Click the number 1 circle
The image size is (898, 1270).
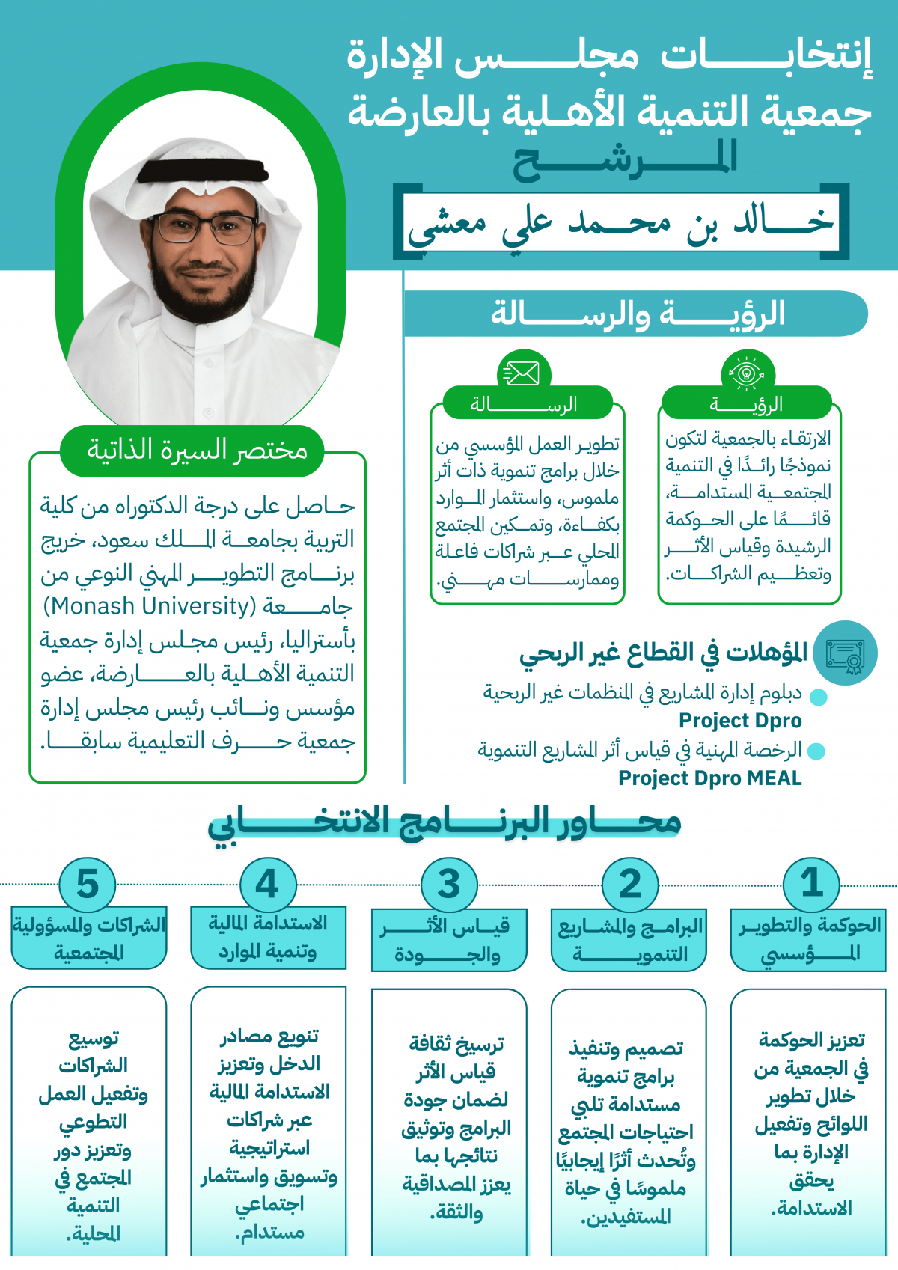pyautogui.click(x=811, y=884)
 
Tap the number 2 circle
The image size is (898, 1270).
pyautogui.click(x=630, y=884)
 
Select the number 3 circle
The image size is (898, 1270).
pyautogui.click(x=449, y=884)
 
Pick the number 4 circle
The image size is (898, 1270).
pyautogui.click(x=268, y=884)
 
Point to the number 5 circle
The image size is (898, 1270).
pyautogui.click(x=88, y=884)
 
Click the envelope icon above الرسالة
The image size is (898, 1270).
pyautogui.click(x=523, y=372)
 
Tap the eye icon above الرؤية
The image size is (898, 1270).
pyautogui.click(x=747, y=372)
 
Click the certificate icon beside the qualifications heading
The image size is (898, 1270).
pyautogui.click(x=846, y=653)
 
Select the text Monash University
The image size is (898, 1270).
pyautogui.click(x=150, y=605)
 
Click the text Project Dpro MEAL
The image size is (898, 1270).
pyautogui.click(x=709, y=778)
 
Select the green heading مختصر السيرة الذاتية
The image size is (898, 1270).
pyautogui.click(x=196, y=450)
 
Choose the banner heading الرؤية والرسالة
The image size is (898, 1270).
pyautogui.click(x=638, y=314)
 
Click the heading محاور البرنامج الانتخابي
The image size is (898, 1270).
pyautogui.click(x=445, y=823)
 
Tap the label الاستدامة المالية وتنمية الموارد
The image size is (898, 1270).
pyautogui.click(x=268, y=938)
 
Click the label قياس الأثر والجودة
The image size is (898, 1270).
pyautogui.click(x=448, y=941)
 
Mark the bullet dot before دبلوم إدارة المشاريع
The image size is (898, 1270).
pyautogui.click(x=818, y=697)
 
